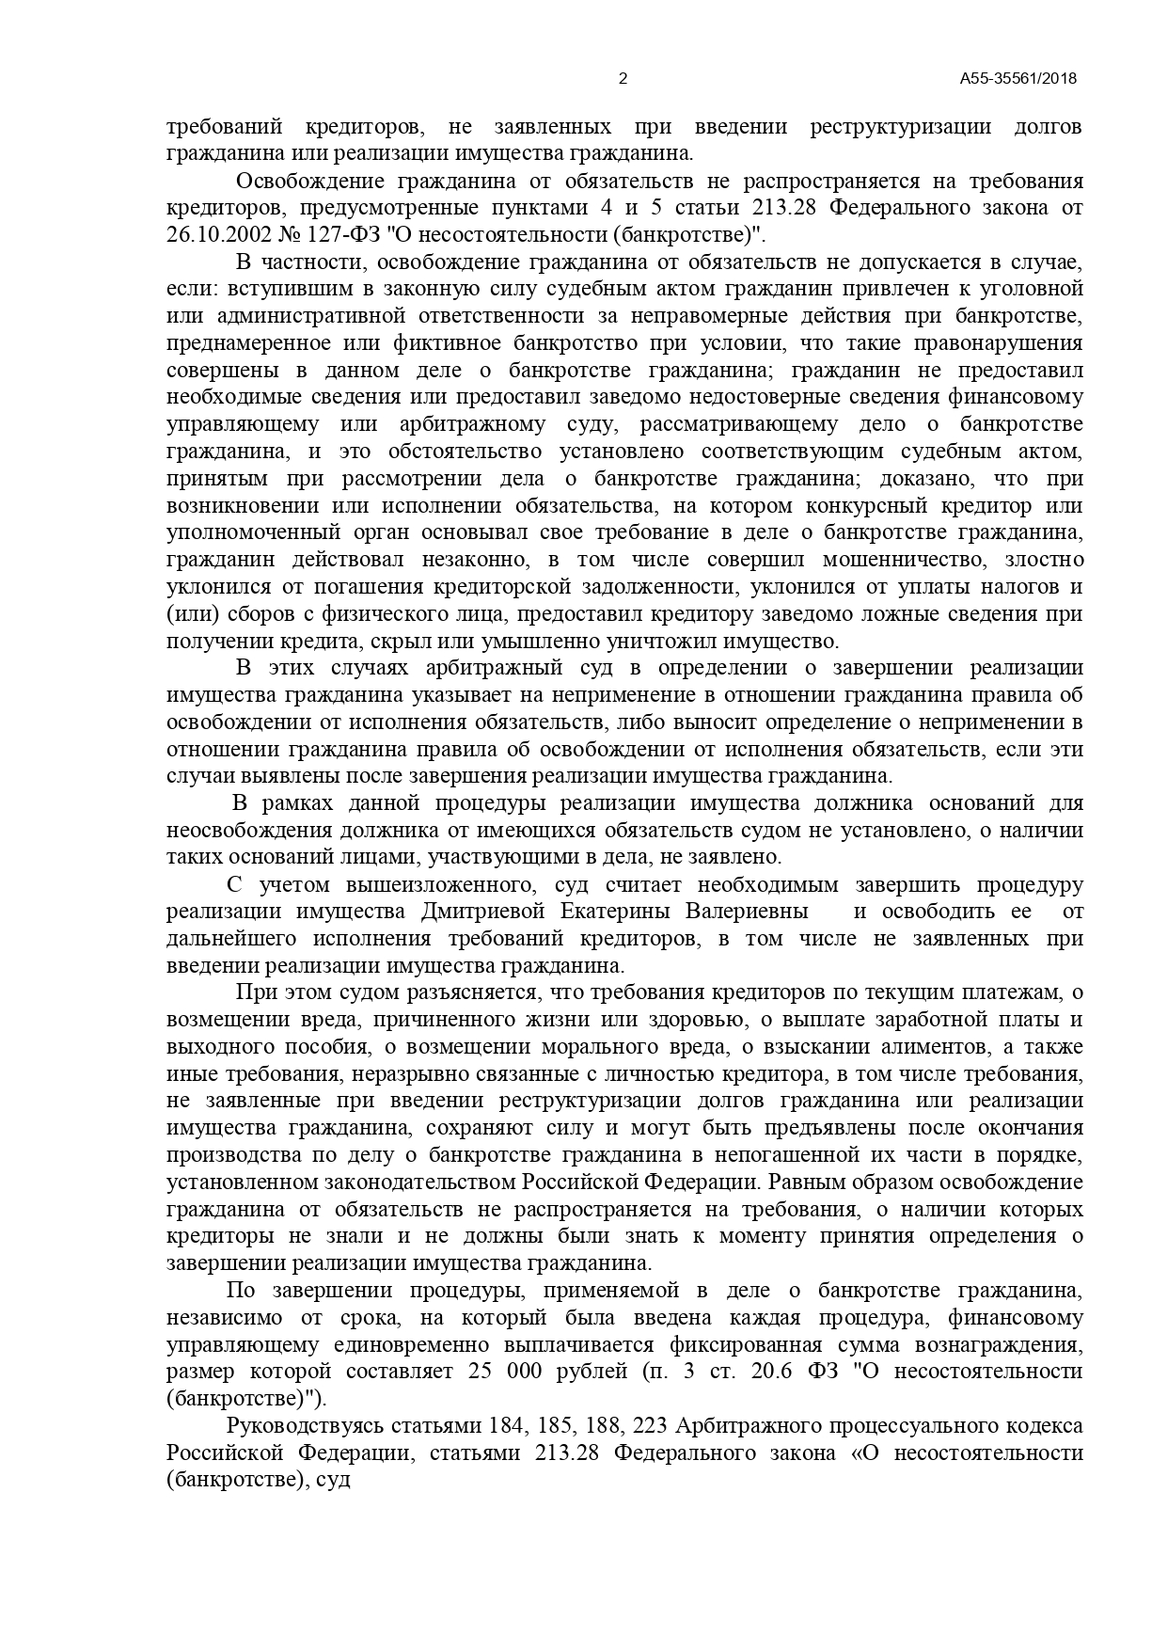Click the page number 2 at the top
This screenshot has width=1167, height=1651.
pos(623,79)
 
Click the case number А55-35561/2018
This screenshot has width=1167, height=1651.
pos(1017,79)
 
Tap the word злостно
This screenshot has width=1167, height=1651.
pos(1045,560)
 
